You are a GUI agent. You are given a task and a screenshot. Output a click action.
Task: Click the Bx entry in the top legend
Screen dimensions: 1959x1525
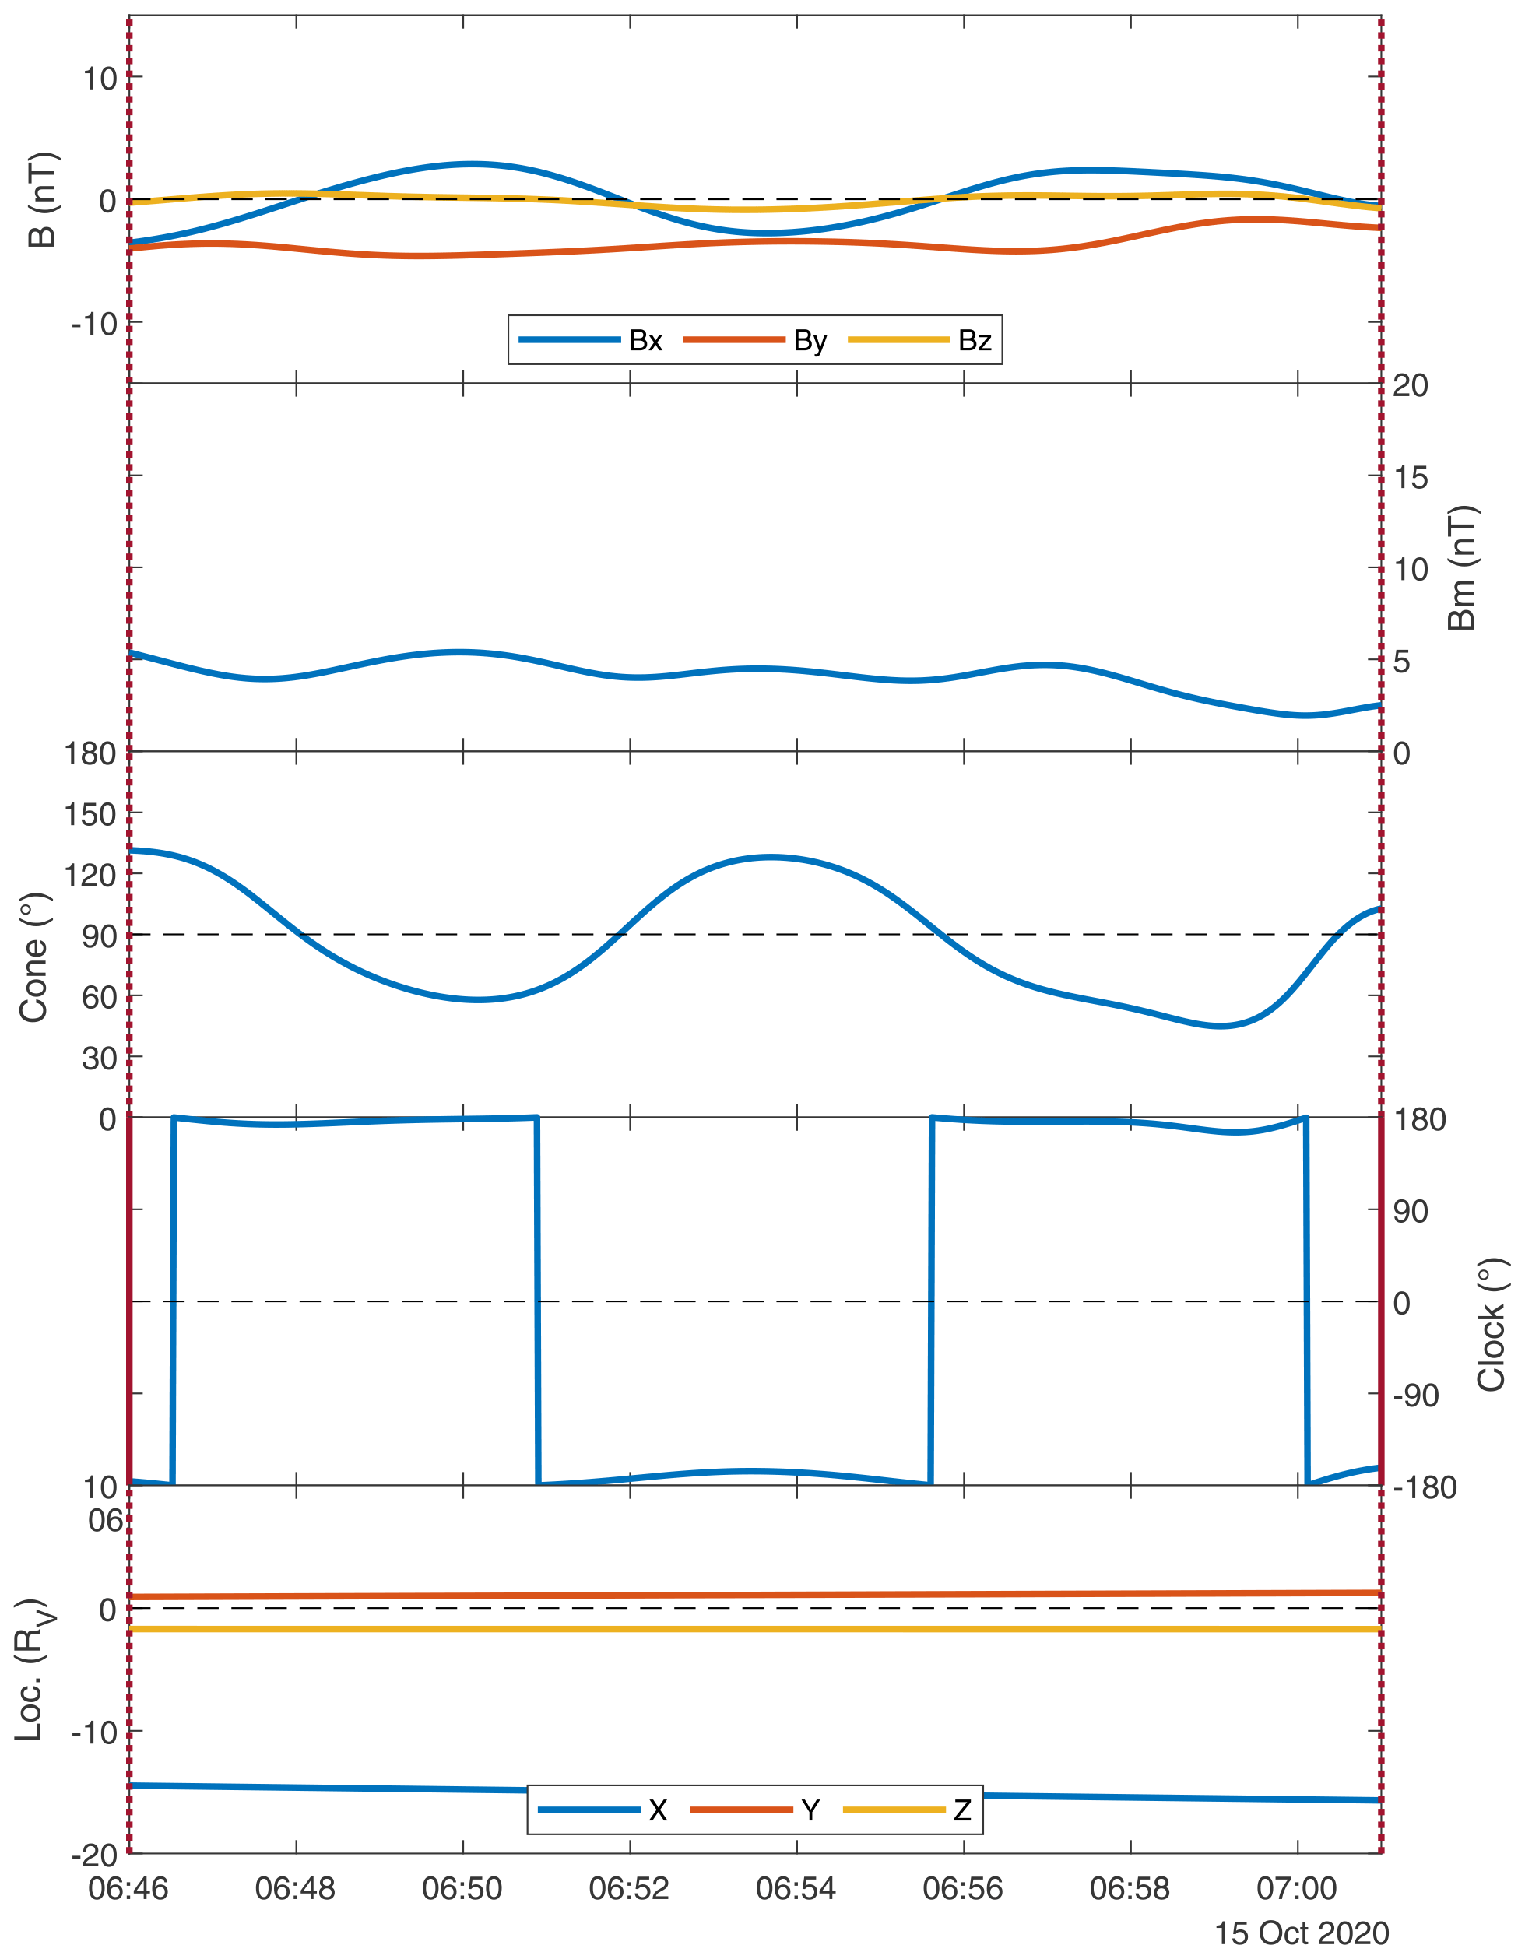pyautogui.click(x=645, y=341)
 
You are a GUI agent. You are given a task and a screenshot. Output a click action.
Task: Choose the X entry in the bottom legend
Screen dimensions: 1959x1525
pyautogui.click(x=658, y=1810)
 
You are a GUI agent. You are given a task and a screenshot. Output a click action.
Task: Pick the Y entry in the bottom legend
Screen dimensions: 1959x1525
pyautogui.click(x=810, y=1810)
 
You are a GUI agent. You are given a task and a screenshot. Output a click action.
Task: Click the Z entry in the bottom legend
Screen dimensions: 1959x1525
pyautogui.click(x=961, y=1810)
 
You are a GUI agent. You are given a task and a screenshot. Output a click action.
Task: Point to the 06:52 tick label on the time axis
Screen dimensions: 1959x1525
pyautogui.click(x=629, y=1888)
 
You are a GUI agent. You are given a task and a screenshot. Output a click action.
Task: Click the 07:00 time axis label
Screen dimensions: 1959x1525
pyautogui.click(x=1296, y=1888)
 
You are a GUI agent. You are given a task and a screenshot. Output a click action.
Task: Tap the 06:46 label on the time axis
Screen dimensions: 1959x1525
pyautogui.click(x=128, y=1888)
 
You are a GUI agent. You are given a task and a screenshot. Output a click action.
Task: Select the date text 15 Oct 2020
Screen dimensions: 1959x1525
pyautogui.click(x=1301, y=1933)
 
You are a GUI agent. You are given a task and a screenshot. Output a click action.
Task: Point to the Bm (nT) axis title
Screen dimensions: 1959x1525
pyautogui.click(x=1462, y=568)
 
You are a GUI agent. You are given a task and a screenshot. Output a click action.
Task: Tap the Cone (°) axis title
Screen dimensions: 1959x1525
pyautogui.click(x=34, y=957)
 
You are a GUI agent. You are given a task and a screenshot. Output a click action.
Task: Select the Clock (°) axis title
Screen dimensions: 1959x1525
pyautogui.click(x=1490, y=1324)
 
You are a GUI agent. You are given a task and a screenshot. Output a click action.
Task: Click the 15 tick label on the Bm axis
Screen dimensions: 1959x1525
pyautogui.click(x=1410, y=477)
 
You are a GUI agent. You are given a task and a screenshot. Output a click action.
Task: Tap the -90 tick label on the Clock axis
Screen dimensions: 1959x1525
pyautogui.click(x=1415, y=1395)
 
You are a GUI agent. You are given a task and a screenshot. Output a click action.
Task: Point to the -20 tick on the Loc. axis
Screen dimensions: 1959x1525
pyautogui.click(x=94, y=1853)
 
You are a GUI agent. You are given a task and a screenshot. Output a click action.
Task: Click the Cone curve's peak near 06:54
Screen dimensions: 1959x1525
pyautogui.click(x=771, y=857)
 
